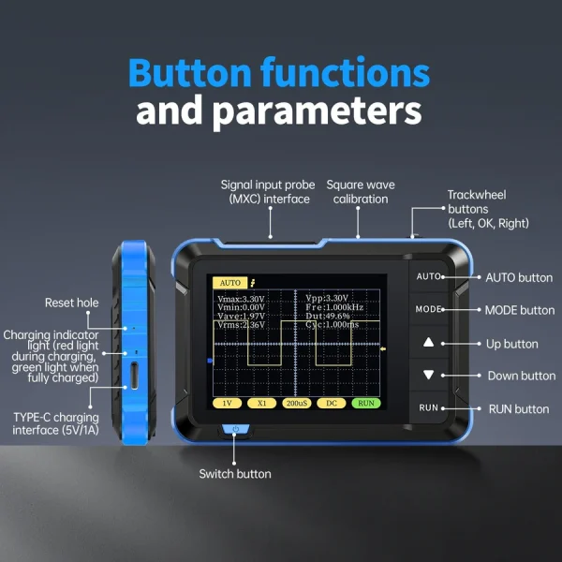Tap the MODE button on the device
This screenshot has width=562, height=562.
tap(428, 309)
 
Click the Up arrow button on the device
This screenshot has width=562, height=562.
tap(428, 343)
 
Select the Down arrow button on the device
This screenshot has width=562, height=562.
tap(428, 375)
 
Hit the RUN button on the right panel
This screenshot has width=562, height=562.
tap(428, 407)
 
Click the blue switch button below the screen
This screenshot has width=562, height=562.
tap(236, 430)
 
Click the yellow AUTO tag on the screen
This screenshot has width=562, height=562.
tap(229, 282)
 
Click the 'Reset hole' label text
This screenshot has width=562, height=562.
tap(71, 303)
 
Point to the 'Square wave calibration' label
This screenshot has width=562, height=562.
tap(357, 192)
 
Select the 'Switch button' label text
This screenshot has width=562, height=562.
tap(235, 474)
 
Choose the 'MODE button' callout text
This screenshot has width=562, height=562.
tap(519, 310)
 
